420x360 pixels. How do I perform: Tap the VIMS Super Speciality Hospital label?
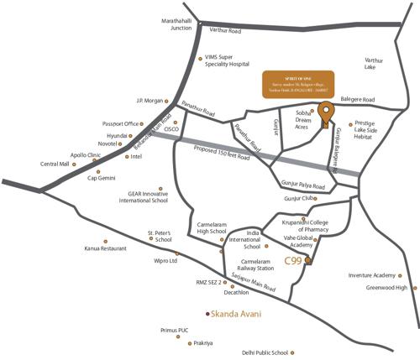tap(227, 60)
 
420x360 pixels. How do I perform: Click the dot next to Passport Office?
tap(144, 123)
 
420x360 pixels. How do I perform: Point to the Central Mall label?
tap(55, 164)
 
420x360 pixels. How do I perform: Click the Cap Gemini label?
tap(104, 178)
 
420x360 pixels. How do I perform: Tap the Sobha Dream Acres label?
tap(303, 119)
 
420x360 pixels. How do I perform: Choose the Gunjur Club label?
tap(298, 198)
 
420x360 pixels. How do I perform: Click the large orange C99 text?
tap(293, 261)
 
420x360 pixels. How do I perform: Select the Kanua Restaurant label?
tap(105, 248)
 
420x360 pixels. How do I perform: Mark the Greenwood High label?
tap(387, 287)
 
